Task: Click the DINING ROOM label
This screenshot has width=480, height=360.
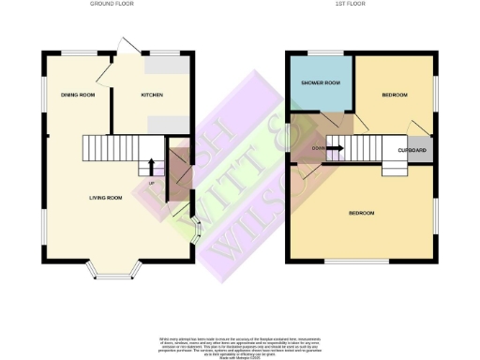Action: click(78, 96)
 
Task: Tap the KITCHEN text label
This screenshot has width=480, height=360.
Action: click(152, 96)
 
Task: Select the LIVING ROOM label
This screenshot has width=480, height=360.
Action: click(106, 198)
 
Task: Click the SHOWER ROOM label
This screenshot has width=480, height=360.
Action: click(320, 83)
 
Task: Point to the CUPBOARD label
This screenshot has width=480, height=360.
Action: click(412, 151)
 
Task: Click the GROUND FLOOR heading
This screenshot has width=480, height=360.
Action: click(113, 5)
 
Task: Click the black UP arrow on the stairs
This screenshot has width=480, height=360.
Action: click(152, 167)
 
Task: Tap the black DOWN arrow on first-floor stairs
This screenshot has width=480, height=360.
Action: click(335, 148)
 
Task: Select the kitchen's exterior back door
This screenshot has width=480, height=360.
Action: click(126, 44)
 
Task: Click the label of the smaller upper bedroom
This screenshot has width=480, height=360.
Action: click(395, 96)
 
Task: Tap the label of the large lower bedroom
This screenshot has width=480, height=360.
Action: click(362, 213)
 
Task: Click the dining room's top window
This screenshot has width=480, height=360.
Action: click(77, 52)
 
